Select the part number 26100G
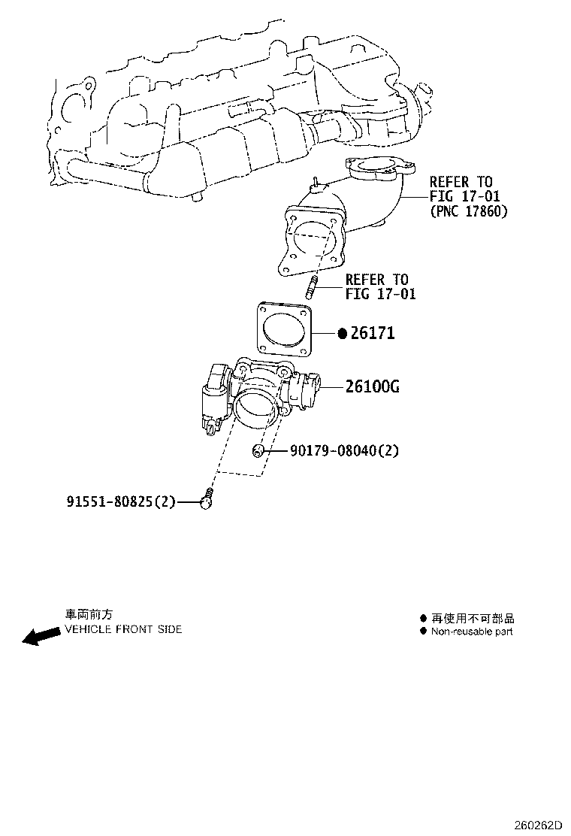372,387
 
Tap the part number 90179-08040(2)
345,451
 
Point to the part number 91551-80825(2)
121,501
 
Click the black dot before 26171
341,333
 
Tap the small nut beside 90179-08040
258,450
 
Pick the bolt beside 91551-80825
207,498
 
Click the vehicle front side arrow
41,636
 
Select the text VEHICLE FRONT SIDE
123,629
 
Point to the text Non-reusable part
472,632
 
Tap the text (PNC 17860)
469,211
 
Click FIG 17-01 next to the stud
380,294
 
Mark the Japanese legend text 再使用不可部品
473,619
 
